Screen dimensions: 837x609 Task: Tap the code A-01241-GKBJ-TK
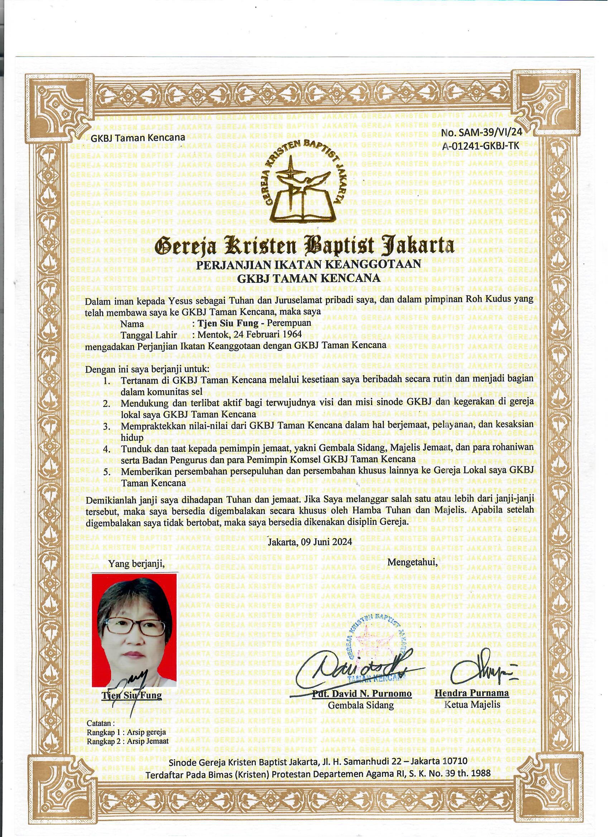(480, 146)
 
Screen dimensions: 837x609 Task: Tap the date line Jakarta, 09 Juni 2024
(310, 542)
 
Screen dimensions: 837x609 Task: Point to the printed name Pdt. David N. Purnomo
(362, 693)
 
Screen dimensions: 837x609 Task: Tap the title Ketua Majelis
(472, 704)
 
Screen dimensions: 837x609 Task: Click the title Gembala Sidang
(361, 705)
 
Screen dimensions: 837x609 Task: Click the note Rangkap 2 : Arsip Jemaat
(128, 741)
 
